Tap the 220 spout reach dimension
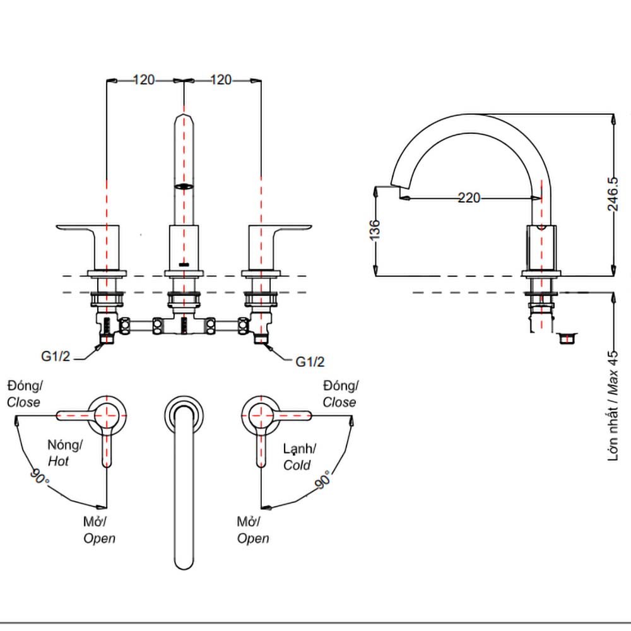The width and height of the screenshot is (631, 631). point(468,198)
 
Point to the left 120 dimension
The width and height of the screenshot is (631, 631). point(144,80)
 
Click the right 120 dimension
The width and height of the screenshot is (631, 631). point(221,80)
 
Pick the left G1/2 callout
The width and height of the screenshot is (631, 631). point(55,356)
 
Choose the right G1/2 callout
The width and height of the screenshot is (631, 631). point(310,362)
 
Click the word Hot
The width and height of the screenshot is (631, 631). point(59,461)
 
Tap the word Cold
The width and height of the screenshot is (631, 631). point(297,465)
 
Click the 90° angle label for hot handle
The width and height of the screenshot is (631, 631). point(40,476)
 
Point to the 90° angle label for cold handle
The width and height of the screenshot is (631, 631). point(322,480)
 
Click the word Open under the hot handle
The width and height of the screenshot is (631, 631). point(100,538)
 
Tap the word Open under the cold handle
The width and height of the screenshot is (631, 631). point(253,538)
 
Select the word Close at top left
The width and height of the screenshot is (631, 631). point(24,402)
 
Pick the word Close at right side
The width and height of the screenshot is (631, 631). point(339,402)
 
